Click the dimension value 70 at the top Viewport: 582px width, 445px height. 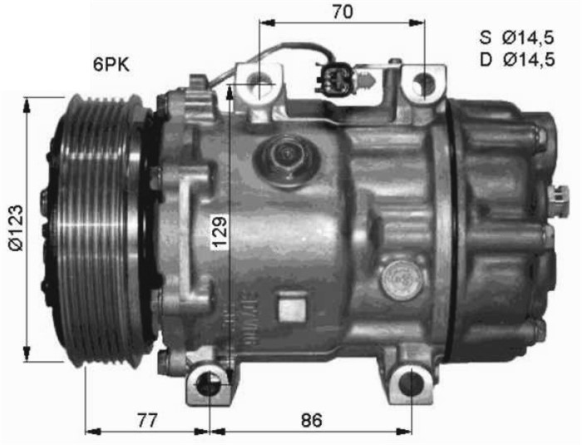(343, 12)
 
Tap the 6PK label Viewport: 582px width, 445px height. (111, 65)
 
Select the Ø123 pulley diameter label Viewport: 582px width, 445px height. (17, 228)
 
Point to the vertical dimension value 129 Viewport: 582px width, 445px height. (219, 231)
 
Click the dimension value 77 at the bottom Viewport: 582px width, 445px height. (147, 421)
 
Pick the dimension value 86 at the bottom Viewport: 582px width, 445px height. (312, 421)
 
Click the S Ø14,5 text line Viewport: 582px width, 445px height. (516, 37)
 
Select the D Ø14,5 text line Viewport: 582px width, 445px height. (517, 59)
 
